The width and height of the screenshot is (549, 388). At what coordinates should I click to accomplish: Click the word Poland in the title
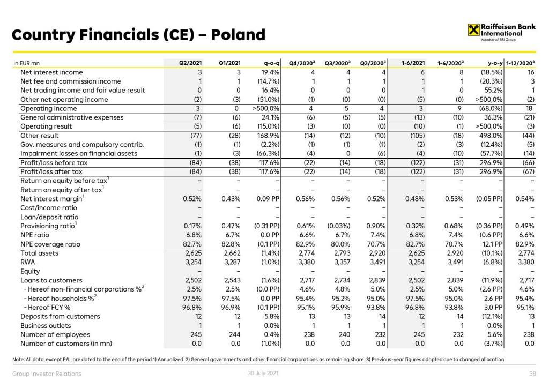point(239,35)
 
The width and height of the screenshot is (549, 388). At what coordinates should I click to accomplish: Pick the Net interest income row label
point(51,72)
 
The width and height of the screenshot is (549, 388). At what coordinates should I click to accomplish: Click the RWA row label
point(28,262)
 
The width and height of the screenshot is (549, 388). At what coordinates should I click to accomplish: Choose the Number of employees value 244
point(235,334)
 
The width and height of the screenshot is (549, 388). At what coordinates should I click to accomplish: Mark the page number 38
point(532,374)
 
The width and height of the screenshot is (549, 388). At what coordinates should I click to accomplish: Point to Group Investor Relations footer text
point(47,374)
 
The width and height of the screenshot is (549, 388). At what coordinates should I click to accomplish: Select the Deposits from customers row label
point(60,316)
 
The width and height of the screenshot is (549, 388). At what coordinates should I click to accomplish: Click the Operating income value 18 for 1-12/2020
point(530,108)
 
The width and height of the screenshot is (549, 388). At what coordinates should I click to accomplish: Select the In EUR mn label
point(25,63)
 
